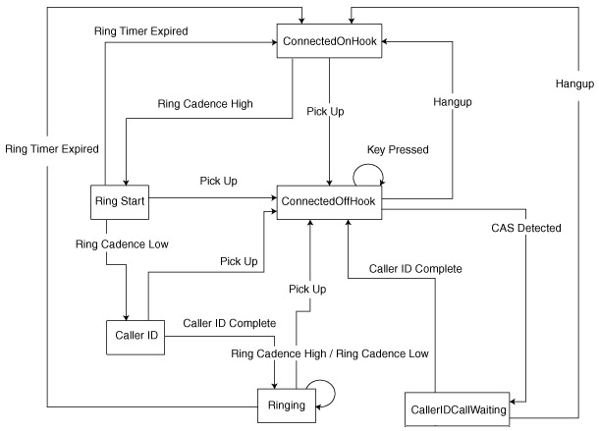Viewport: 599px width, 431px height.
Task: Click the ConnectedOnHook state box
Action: [x=329, y=43]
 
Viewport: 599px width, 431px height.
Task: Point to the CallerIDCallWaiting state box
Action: [x=459, y=409]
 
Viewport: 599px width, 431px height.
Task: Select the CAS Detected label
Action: [x=526, y=229]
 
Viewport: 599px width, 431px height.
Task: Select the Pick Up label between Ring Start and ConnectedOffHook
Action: [x=217, y=181]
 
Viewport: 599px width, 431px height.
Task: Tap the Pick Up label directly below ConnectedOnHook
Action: [x=325, y=112]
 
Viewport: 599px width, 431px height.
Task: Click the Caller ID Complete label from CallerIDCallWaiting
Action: [x=414, y=268]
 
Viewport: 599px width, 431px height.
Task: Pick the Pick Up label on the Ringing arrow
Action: [x=308, y=289]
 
